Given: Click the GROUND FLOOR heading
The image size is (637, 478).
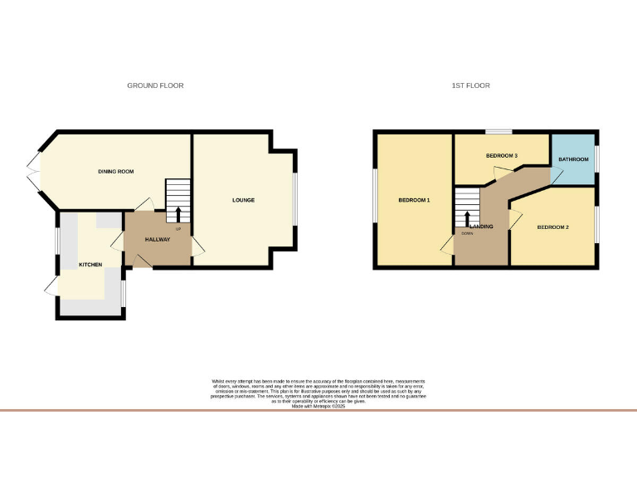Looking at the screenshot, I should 155,85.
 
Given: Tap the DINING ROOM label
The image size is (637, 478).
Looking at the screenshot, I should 115,172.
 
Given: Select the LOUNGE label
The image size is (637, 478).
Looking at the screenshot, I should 243,200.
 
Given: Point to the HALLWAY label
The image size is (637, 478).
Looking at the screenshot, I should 158,240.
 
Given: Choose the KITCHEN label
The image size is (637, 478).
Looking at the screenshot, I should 90,265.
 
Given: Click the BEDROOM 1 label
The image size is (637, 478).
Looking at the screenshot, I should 414,200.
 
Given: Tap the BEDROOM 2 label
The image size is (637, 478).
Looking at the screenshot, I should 552,227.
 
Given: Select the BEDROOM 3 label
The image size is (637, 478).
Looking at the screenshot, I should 502,156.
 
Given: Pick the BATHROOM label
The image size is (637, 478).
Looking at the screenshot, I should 573,159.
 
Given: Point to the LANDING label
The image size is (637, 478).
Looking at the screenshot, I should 482,227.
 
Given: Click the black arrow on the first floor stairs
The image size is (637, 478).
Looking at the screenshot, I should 467,218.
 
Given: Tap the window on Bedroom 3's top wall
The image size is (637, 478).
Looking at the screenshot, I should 498,131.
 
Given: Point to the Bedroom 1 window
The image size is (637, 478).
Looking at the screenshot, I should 374,196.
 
